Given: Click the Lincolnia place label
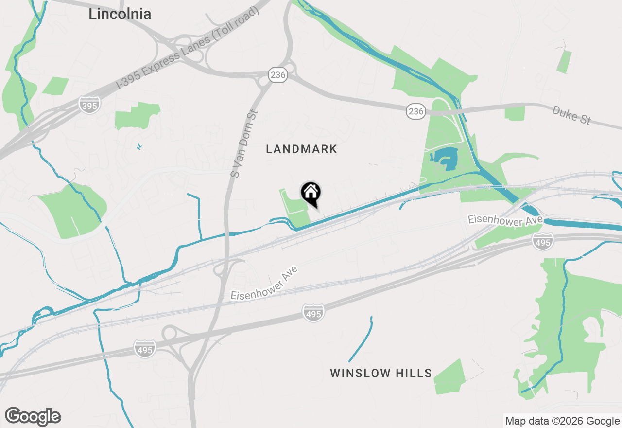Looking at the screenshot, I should (120, 14).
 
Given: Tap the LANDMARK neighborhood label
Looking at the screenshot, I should (301, 149).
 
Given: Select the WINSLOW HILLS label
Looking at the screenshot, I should (381, 373).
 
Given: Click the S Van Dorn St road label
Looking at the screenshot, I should (243, 143).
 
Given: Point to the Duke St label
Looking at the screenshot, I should (571, 115).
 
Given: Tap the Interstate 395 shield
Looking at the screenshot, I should (90, 105).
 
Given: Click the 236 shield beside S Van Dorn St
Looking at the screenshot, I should (278, 75).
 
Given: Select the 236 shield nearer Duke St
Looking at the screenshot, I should (416, 111).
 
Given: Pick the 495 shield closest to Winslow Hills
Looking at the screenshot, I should (313, 314).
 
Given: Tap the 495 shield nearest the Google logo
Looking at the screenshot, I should (145, 349).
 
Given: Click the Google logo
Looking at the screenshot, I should (33, 417).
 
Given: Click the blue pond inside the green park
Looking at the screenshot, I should (444, 159).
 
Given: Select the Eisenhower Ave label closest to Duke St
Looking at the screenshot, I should (505, 221).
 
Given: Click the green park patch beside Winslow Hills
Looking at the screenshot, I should (449, 376).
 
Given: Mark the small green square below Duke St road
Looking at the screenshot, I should (515, 113).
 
